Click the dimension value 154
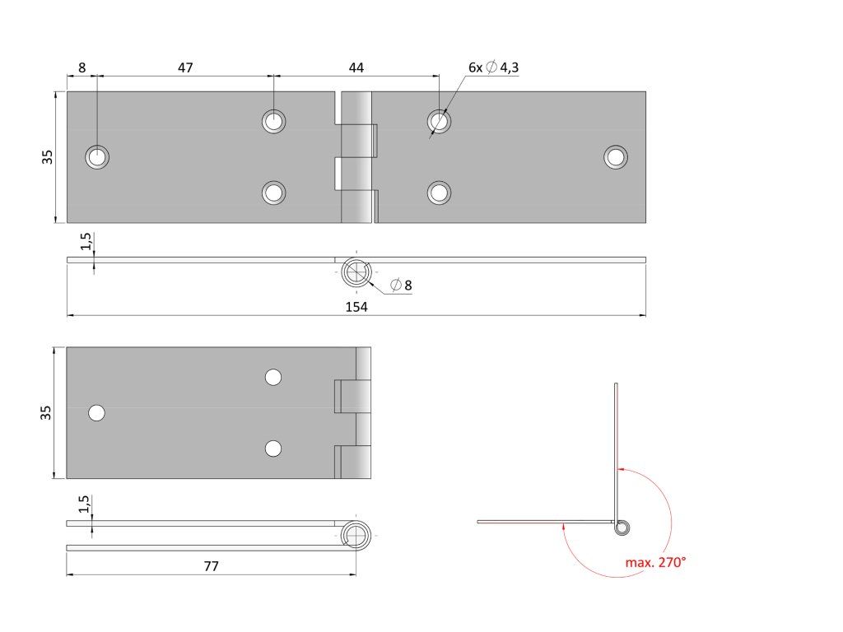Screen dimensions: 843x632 click(x=356, y=307)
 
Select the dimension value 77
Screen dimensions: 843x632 click(x=211, y=566)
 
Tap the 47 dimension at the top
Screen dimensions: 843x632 click(x=185, y=67)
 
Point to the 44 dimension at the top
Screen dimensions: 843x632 click(x=356, y=67)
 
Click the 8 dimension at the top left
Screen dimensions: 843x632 click(x=82, y=67)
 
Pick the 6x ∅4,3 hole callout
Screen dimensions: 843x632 click(x=493, y=67)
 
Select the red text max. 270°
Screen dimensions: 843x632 click(x=655, y=563)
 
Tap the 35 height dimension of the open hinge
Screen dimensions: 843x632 click(x=48, y=156)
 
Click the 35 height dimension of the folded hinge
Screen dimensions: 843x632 click(x=48, y=411)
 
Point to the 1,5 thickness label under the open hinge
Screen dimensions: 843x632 click(x=86, y=243)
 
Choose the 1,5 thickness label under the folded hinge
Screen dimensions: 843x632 click(x=86, y=504)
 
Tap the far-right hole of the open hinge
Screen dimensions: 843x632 click(x=615, y=156)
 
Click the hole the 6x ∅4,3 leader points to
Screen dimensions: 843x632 click(x=439, y=122)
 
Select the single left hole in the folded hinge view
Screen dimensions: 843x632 click(x=97, y=413)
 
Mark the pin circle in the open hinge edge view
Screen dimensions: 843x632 click(x=356, y=272)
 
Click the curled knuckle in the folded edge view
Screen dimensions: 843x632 click(x=356, y=535)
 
